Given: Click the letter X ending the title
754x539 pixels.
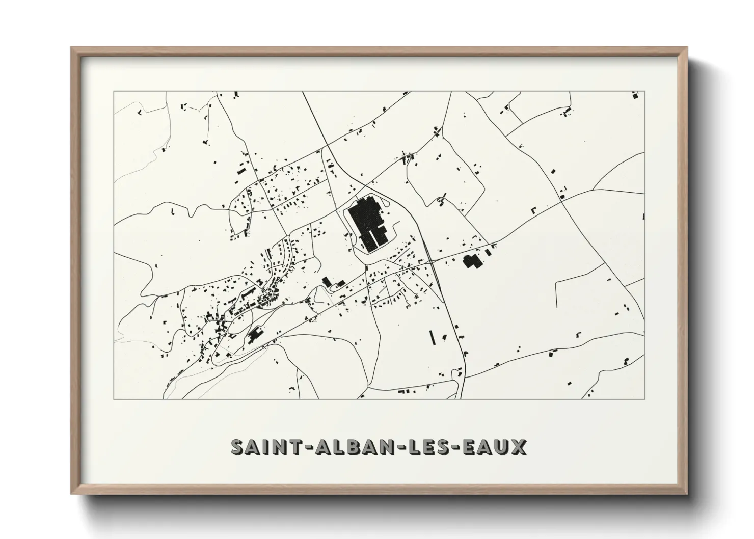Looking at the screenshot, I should coord(519,447).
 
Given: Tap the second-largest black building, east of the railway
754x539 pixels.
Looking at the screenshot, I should coord(471,261).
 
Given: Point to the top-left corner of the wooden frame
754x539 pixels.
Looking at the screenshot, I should coord(71,47).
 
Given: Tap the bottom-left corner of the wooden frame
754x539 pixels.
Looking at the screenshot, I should coord(71,494).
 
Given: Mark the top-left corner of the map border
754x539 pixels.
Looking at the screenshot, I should coord(114,91).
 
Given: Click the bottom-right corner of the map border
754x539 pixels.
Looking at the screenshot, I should coord(644,399).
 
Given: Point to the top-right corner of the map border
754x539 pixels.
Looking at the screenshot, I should coord(644,91).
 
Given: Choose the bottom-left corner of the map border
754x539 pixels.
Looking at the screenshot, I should coord(114,399).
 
